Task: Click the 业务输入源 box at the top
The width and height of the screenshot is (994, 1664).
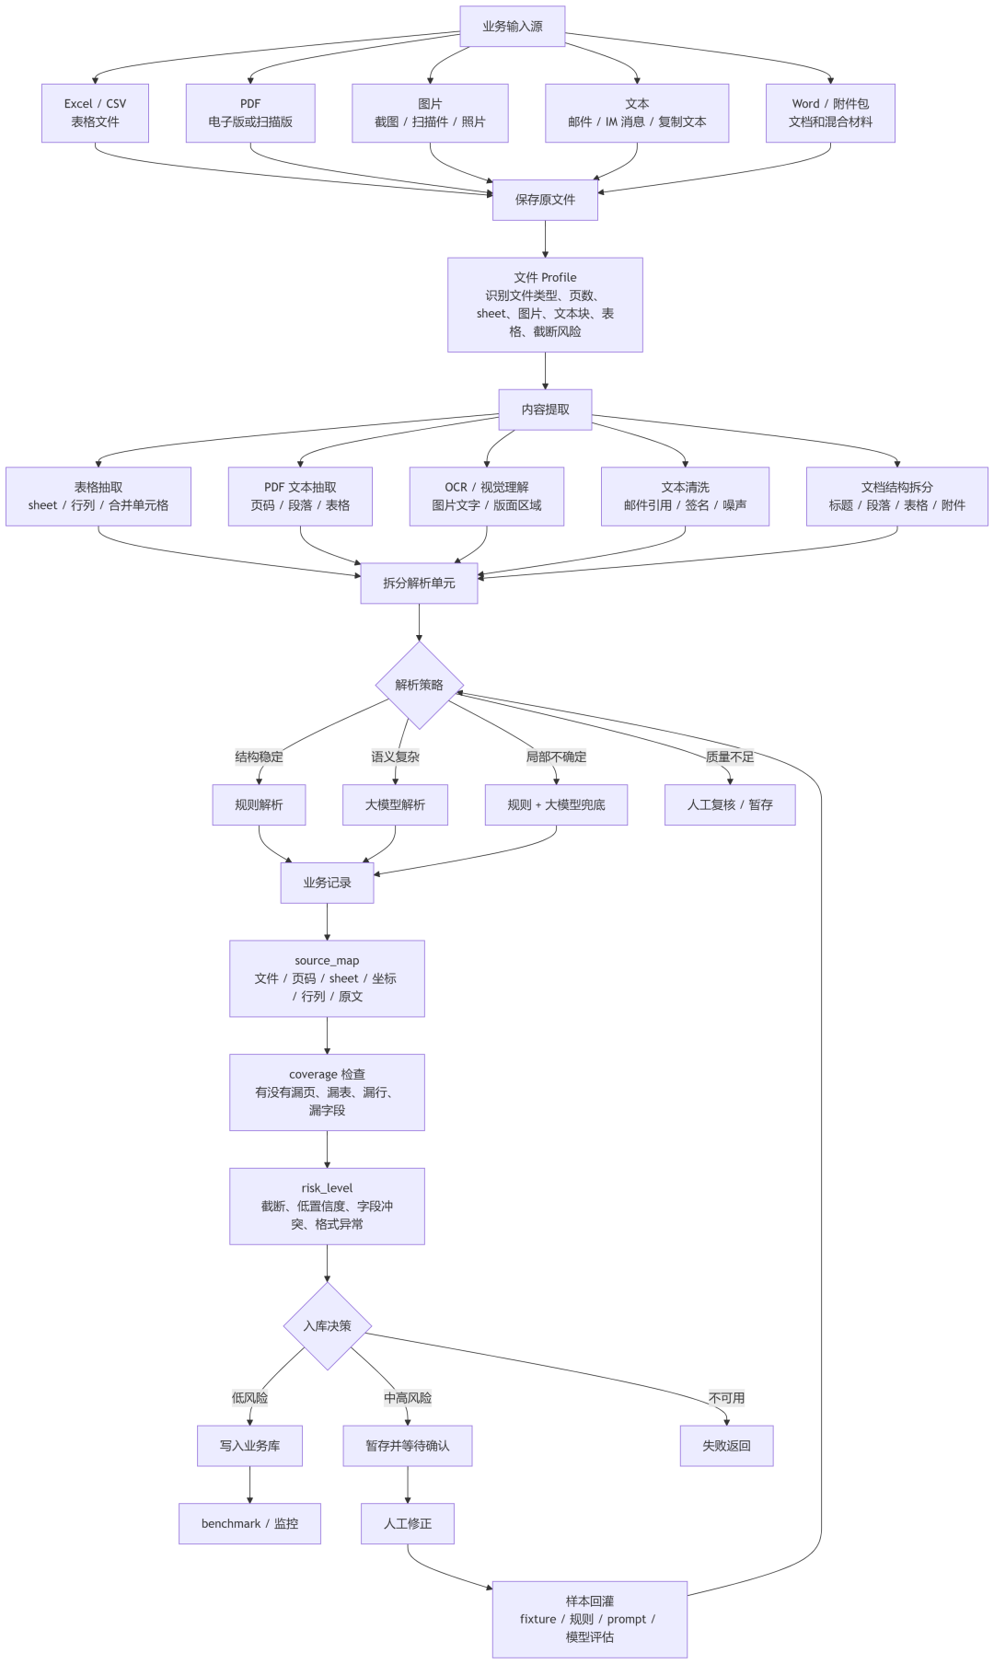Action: pyautogui.click(x=512, y=27)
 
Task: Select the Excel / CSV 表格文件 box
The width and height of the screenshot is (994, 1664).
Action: pyautogui.click(x=95, y=113)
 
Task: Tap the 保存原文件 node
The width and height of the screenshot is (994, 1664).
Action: pyautogui.click(x=545, y=200)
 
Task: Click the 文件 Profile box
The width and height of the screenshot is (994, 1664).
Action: pyautogui.click(x=545, y=305)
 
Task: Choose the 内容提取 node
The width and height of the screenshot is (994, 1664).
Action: pyautogui.click(x=545, y=410)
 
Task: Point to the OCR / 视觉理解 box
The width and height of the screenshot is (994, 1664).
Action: pyautogui.click(x=487, y=496)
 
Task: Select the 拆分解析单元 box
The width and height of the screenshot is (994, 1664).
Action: pyautogui.click(x=419, y=583)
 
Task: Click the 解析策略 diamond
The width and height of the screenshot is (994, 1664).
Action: pyautogui.click(x=419, y=685)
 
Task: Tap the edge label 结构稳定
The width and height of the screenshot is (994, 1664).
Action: pyautogui.click(x=259, y=757)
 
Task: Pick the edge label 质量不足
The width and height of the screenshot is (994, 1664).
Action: pyautogui.click(x=730, y=757)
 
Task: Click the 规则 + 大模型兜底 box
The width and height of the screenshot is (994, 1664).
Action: pyautogui.click(x=556, y=804)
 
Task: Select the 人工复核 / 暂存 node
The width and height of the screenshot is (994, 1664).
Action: pyautogui.click(x=730, y=804)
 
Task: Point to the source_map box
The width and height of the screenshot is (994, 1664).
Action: pyautogui.click(x=327, y=978)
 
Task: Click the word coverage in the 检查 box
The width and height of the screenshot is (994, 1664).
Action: pyautogui.click(x=313, y=1074)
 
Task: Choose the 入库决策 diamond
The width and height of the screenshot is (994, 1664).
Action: pyautogui.click(x=327, y=1326)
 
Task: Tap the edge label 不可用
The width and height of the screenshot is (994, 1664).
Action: pyautogui.click(x=726, y=1398)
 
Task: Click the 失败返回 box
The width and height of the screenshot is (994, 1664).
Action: pyautogui.click(x=726, y=1446)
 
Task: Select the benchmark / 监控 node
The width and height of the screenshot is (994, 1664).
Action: pyautogui.click(x=249, y=1523)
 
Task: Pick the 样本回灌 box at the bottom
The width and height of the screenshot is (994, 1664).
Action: pyautogui.click(x=589, y=1619)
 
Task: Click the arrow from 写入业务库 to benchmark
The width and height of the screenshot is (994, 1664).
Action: pyautogui.click(x=249, y=1485)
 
